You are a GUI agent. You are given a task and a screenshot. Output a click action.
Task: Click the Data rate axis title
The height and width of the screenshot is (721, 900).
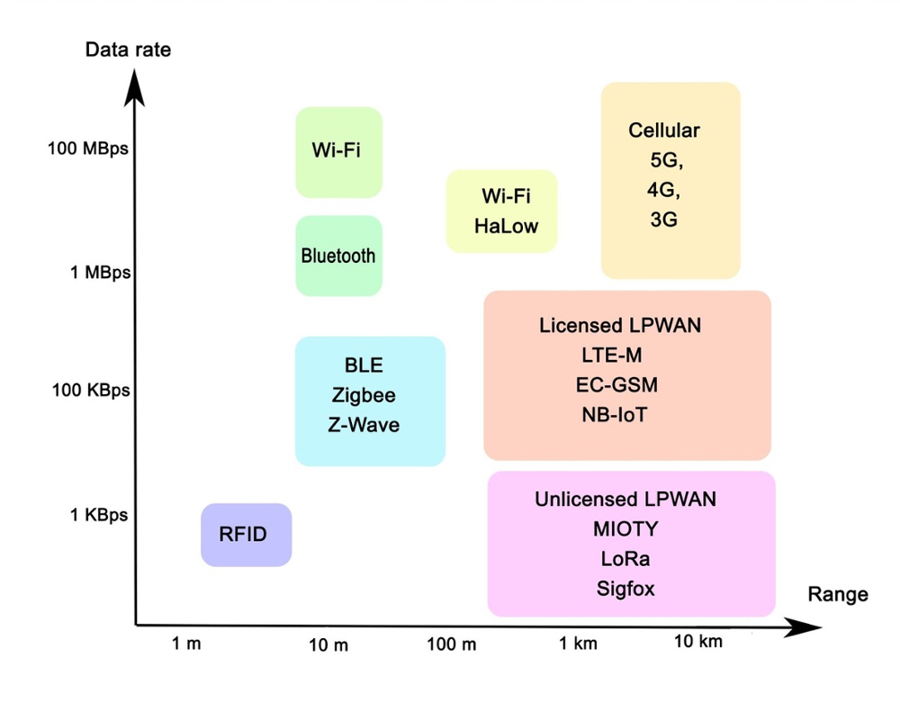pos(128,50)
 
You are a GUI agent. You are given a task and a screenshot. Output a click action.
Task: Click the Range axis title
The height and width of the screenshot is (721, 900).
pos(837,594)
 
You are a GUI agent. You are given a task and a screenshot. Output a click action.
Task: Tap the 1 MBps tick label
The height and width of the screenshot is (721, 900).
pos(100,272)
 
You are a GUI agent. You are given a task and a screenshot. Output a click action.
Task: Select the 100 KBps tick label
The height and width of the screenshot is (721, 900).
pos(90,391)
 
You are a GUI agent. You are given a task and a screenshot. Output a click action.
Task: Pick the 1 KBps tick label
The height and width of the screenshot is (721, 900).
pos(99,516)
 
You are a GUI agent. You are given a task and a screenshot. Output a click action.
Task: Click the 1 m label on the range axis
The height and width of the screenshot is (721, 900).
pos(186,644)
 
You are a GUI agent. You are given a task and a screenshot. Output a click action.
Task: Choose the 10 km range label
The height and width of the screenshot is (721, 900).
pos(698,642)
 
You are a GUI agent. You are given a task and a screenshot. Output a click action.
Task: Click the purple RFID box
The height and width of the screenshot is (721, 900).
pos(246,535)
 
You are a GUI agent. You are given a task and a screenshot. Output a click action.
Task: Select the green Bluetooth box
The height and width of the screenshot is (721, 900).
pos(338,256)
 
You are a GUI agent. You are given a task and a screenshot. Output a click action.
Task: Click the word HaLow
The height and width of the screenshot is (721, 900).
pos(506,225)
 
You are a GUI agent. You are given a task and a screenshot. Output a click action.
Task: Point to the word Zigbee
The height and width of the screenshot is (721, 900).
pos(364,395)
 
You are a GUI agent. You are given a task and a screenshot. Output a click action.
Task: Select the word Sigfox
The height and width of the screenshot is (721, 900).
pos(625,590)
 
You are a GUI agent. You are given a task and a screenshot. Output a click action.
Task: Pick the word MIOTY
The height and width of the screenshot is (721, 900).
pos(625,528)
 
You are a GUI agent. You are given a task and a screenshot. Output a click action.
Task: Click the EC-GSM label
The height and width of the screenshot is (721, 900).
pos(616,385)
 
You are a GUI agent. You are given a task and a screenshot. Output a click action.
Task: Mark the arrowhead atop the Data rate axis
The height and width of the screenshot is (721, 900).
pos(135,83)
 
